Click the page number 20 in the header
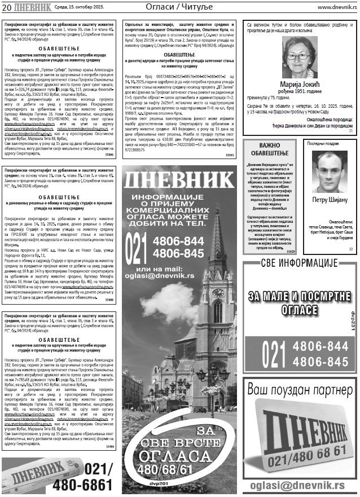7,7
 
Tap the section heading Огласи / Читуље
179,7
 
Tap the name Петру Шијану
329,200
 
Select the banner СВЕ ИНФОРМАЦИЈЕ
299,263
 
